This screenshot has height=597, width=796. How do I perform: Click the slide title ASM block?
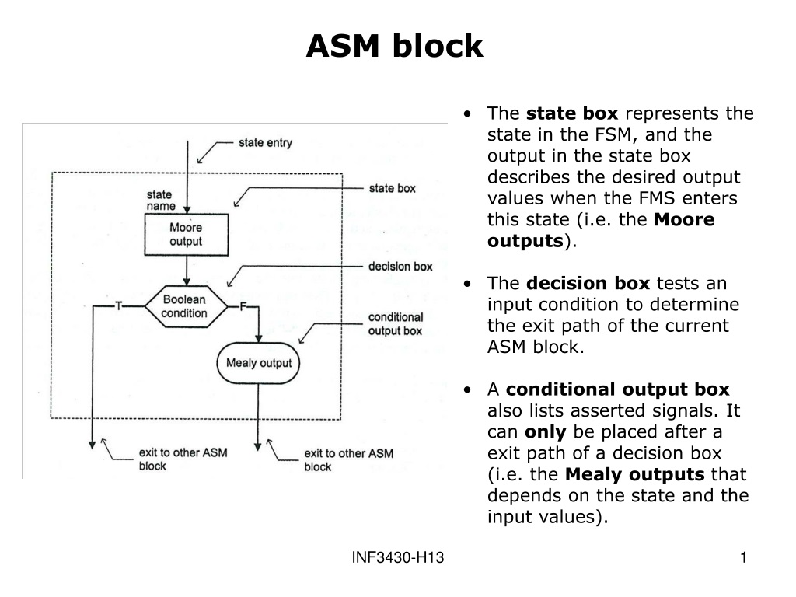pos(394,46)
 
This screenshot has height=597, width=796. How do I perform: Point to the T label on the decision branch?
pos(119,305)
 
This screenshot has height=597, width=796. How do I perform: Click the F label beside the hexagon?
pos(243,306)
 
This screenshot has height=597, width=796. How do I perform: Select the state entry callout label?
pos(266,143)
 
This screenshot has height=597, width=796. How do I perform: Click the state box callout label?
pos(392,188)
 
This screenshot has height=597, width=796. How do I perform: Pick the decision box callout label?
pos(400,267)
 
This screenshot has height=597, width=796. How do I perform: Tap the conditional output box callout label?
pos(396,324)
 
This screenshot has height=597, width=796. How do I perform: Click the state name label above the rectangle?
pos(161,200)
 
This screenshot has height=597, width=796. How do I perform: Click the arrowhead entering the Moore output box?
pos(187,210)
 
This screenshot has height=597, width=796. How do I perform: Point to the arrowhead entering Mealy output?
pos(258,339)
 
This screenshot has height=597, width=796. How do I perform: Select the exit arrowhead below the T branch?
pos(92,445)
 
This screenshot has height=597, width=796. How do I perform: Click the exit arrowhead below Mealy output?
pos(258,447)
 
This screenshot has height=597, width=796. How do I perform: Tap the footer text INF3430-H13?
pos(398,558)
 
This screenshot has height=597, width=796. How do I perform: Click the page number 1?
pos(743,558)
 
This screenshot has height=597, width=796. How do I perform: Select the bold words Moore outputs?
pos(601,230)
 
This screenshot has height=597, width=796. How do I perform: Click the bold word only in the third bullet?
pos(545,432)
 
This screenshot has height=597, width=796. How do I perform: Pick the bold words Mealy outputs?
pos(634,474)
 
